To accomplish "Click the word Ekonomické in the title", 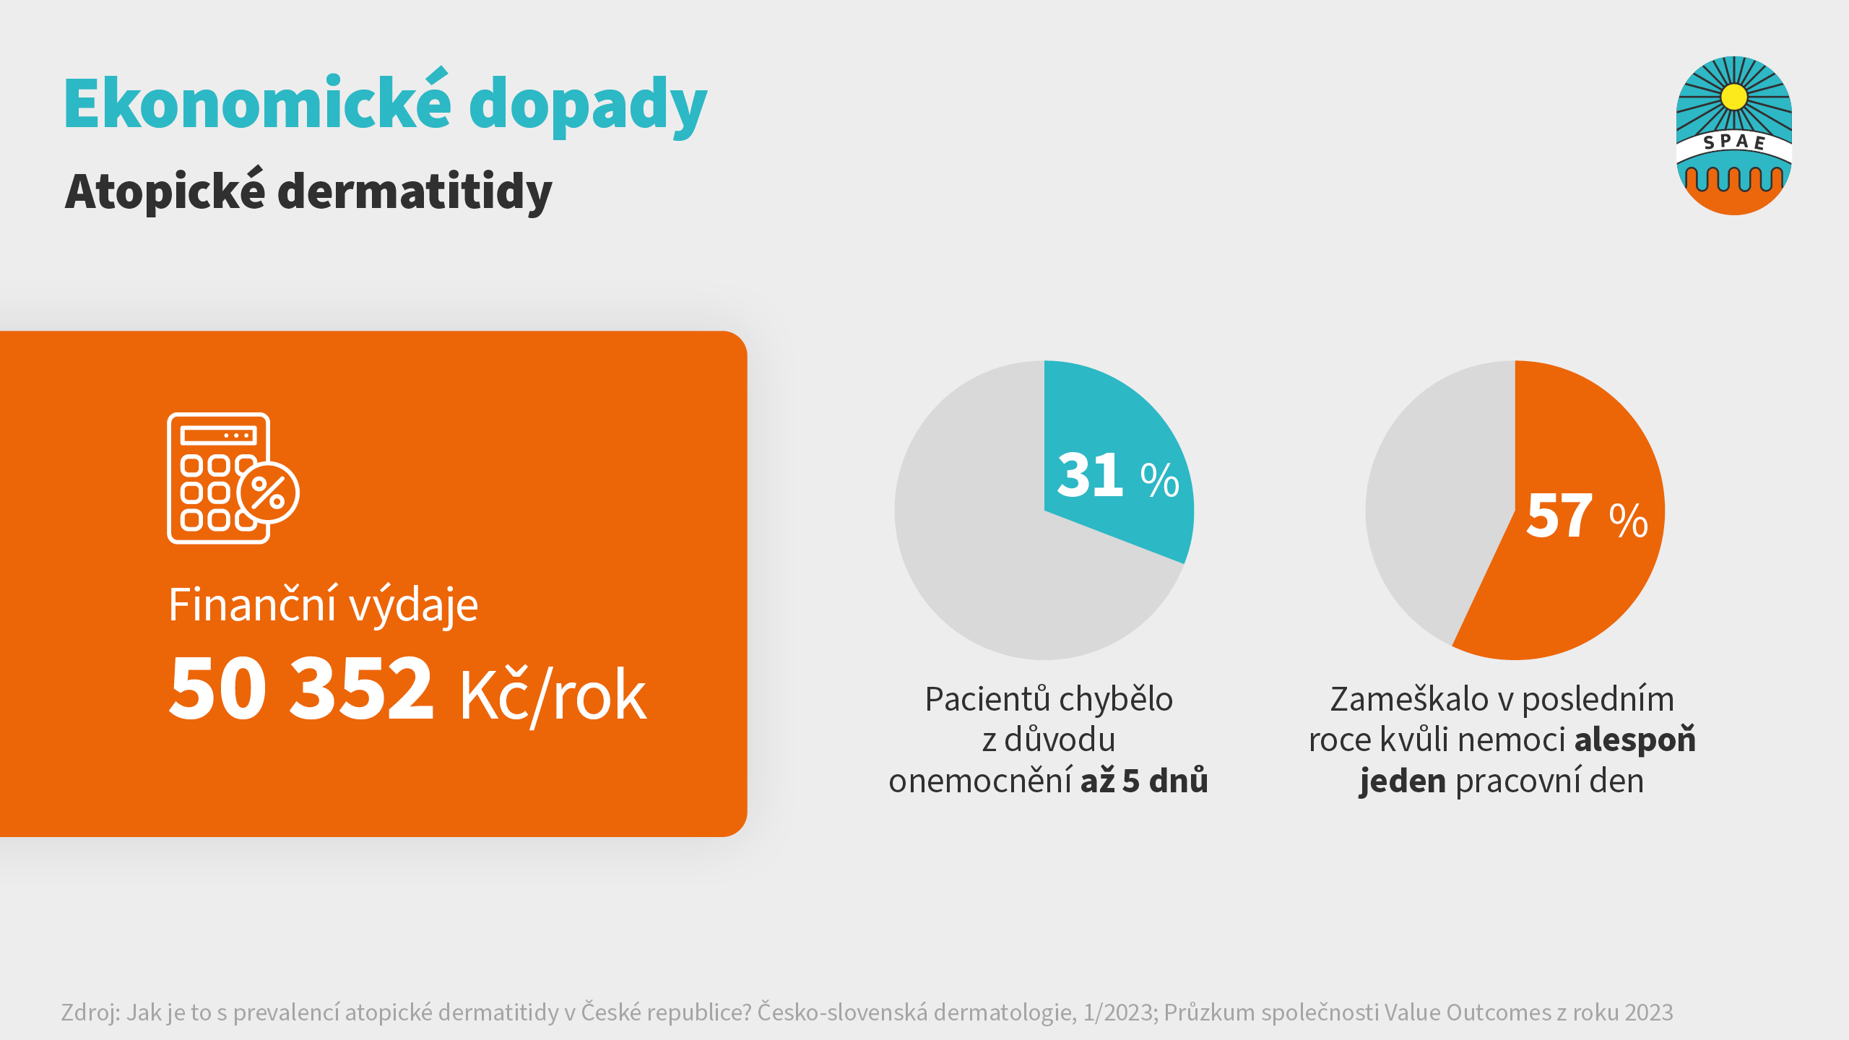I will tap(257, 105).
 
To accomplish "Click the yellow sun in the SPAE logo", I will tap(1733, 96).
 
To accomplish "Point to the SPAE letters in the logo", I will tap(1733, 142).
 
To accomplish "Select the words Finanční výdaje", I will tap(323, 604).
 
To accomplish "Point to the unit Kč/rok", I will tap(553, 695).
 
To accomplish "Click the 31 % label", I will tap(1117, 476).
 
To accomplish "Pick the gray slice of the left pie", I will tap(997, 563).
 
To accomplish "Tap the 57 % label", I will tap(1586, 516).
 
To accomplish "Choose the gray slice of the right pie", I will tap(1437, 506).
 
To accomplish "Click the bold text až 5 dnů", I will tap(1144, 781).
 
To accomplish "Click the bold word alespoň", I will tap(1634, 740).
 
